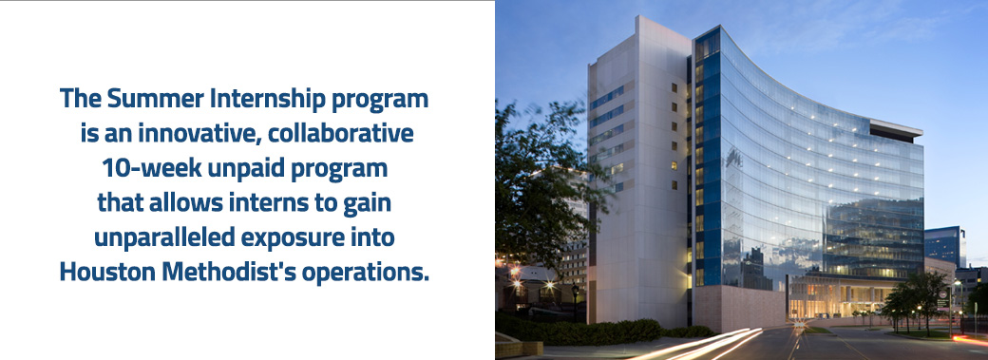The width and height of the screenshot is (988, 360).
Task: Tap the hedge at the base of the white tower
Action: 608,330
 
